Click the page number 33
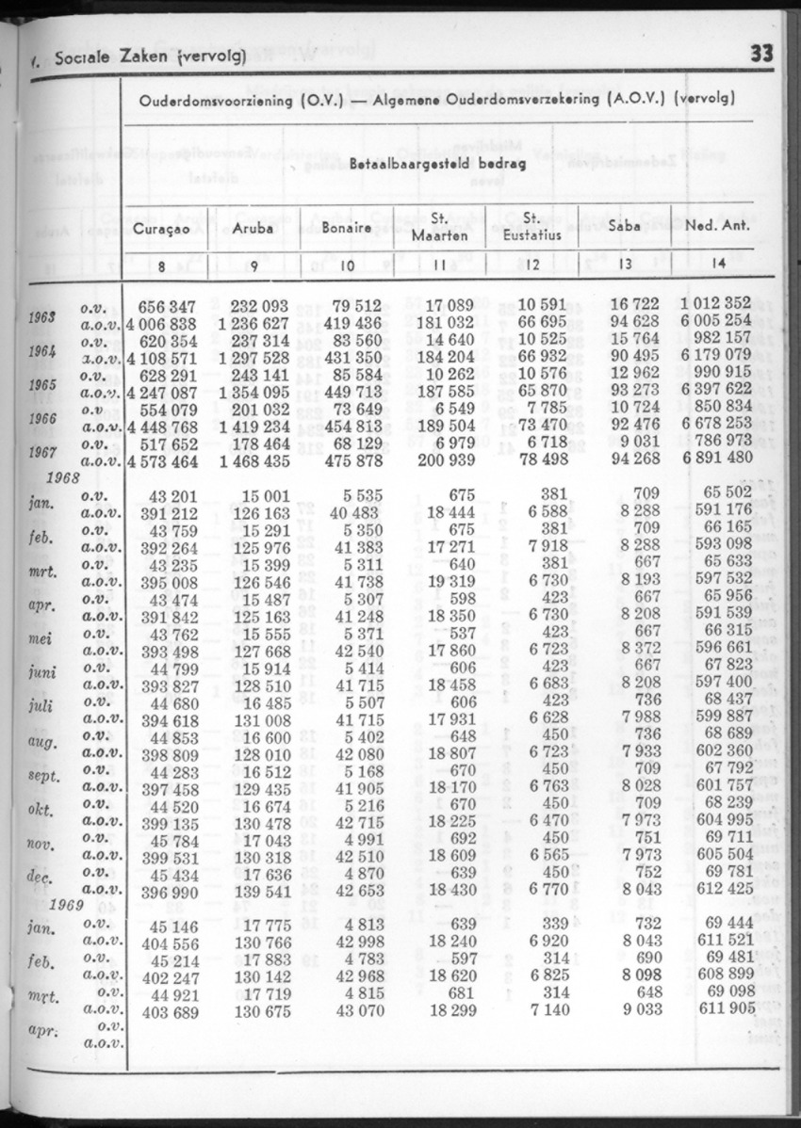pos(761,54)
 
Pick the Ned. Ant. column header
pos(719,228)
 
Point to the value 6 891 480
pos(715,459)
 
